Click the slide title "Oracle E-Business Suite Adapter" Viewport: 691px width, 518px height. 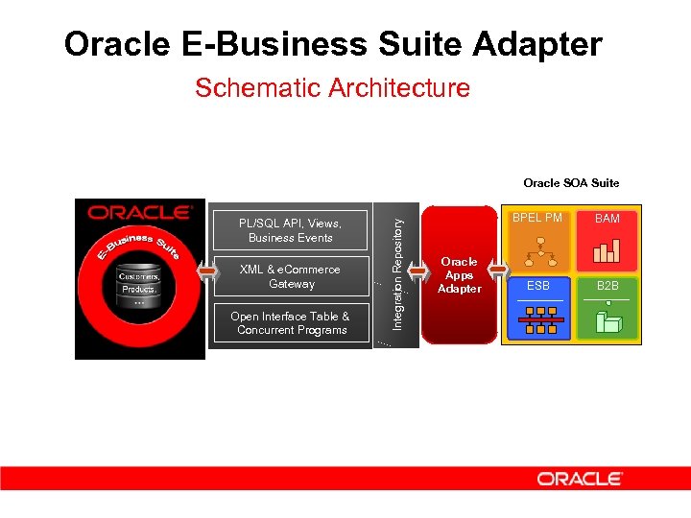coord(332,44)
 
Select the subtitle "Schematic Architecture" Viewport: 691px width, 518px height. coord(332,88)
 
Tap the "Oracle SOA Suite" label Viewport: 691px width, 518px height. coord(571,182)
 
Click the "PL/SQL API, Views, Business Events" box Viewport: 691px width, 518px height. coord(290,230)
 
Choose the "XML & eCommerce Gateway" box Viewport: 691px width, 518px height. coord(291,276)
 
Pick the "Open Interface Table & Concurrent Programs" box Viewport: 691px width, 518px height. coord(290,323)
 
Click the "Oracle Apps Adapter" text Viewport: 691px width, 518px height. coord(459,275)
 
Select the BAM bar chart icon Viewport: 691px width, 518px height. coord(608,250)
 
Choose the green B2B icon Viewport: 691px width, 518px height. coord(608,318)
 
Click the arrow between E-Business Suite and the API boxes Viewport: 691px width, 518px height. coord(208,274)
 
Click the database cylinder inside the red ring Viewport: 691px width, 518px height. coord(140,285)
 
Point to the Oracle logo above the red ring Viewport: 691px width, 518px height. coord(140,213)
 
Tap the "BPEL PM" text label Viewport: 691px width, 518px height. coord(537,218)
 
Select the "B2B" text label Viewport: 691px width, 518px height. coord(608,285)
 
